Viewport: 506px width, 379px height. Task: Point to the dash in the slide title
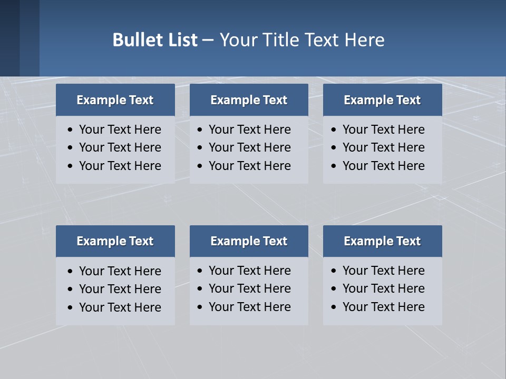click(208, 40)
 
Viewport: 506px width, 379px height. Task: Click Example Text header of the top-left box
click(115, 100)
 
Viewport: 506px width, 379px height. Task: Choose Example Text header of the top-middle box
click(249, 100)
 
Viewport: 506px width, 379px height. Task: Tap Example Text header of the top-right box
click(382, 100)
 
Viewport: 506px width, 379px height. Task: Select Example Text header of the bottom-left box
click(115, 241)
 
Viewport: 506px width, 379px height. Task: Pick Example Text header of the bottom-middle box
click(249, 241)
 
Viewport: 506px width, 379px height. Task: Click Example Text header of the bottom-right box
click(382, 241)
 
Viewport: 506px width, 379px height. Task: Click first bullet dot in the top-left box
click(71, 130)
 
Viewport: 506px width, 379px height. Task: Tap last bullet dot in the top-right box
click(334, 166)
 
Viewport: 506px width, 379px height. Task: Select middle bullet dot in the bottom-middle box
click(200, 289)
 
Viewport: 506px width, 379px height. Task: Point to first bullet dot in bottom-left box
click(71, 272)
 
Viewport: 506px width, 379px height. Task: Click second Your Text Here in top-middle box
click(250, 147)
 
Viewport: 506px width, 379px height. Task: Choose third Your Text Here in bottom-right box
click(384, 307)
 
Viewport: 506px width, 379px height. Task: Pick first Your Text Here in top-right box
click(384, 129)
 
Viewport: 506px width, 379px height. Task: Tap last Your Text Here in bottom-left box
click(120, 307)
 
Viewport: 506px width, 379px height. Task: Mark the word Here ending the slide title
click(364, 40)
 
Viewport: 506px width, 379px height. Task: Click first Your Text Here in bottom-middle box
click(250, 271)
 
